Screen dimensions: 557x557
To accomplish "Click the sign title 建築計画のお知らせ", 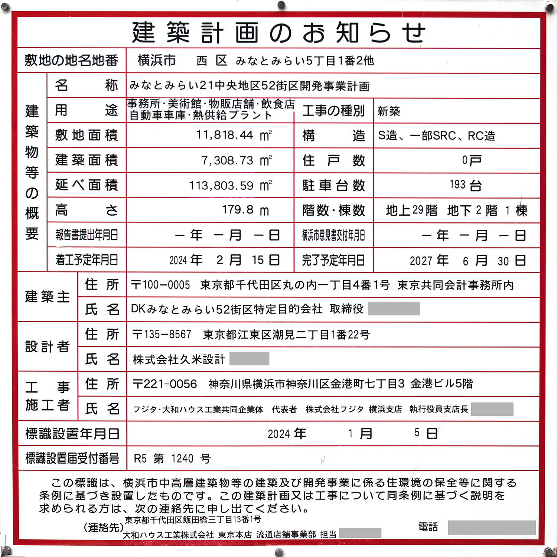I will click(278, 33).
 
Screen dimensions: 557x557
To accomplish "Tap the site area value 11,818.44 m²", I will click(234, 135).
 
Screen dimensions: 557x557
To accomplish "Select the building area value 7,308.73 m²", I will click(237, 160).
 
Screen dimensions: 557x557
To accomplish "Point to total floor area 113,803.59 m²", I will click(231, 185).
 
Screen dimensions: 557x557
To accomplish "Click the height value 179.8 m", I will click(245, 210).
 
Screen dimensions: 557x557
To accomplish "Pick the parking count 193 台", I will click(465, 185).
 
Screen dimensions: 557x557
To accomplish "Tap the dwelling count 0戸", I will click(471, 160).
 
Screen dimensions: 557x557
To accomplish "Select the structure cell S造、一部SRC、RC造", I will click(437, 136).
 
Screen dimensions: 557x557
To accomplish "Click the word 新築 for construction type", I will click(389, 111).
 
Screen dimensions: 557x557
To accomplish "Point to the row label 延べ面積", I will click(87, 185).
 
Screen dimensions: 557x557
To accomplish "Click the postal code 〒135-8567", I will click(162, 335).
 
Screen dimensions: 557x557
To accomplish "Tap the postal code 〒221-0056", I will click(165, 384).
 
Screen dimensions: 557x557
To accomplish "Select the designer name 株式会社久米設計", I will click(179, 359).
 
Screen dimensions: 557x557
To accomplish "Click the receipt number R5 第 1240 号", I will click(172, 459).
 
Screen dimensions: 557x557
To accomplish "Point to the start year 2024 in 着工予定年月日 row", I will click(178, 260).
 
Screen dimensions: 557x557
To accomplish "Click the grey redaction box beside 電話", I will click(491, 527).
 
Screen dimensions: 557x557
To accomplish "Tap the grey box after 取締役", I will click(394, 309).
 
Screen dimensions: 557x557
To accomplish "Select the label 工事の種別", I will click(333, 111).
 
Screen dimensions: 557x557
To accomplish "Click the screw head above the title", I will click(281, 5).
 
